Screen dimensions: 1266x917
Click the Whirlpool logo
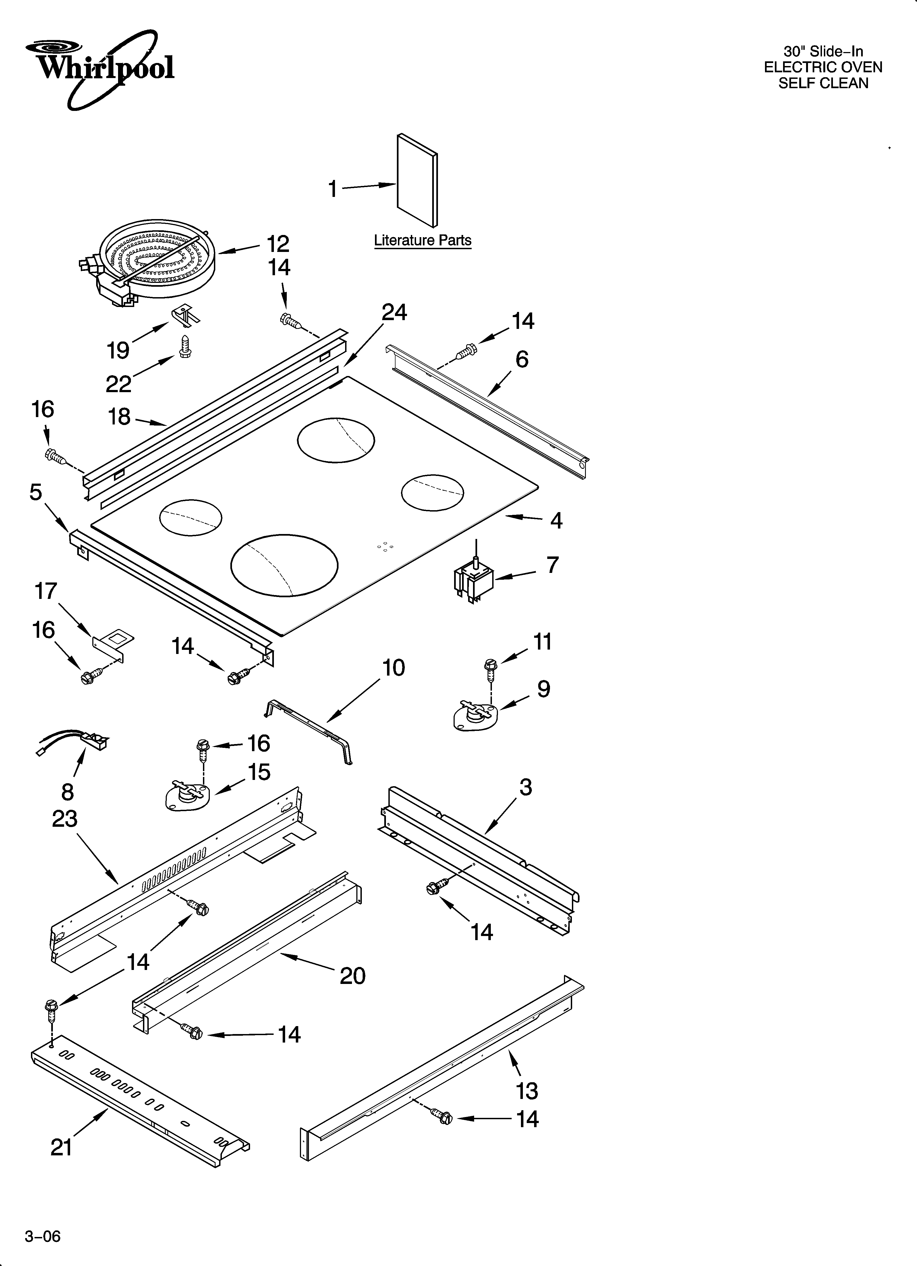pos(101,68)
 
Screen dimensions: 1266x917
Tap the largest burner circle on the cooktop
pos(284,565)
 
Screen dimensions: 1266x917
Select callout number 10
pos(394,668)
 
